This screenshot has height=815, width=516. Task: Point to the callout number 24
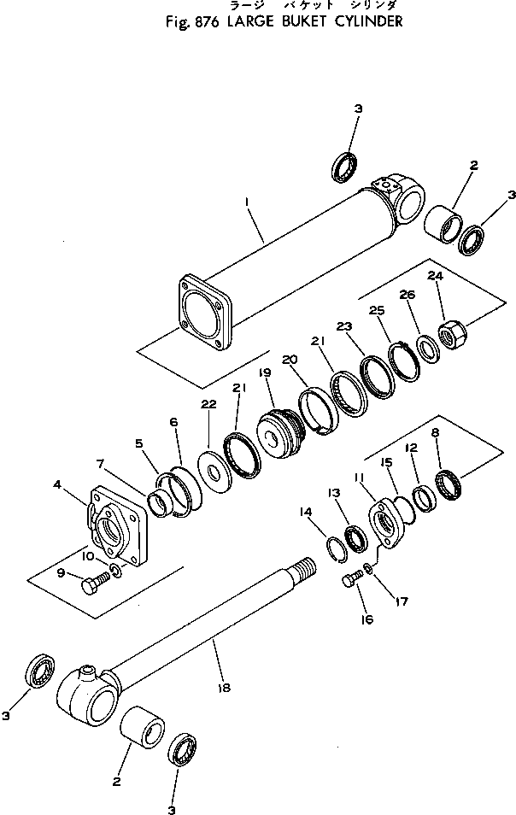(x=436, y=276)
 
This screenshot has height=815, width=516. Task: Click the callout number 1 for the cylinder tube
(x=248, y=202)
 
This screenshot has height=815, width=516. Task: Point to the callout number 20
(x=290, y=359)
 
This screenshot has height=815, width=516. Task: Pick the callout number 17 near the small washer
(x=402, y=601)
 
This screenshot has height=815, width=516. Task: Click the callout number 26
(x=407, y=296)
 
